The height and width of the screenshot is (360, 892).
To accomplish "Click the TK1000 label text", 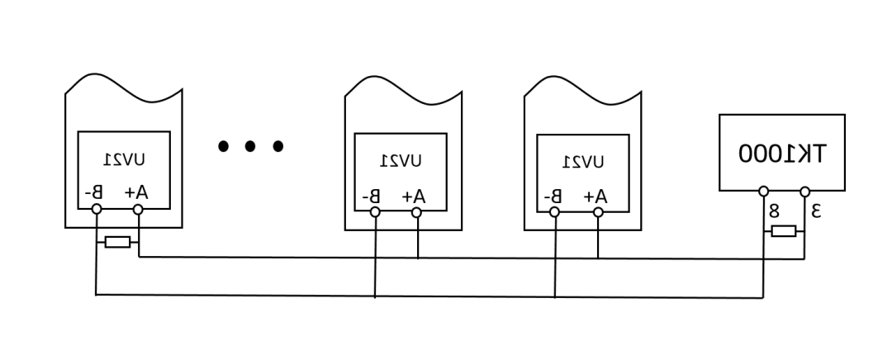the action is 781,153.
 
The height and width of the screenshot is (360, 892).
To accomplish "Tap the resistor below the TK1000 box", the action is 783,231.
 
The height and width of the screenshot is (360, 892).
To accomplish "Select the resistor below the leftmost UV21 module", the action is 118,242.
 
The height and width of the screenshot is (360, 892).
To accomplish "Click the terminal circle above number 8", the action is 763,191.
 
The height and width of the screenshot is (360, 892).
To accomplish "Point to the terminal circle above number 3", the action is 804,192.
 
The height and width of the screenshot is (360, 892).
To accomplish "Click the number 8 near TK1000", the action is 774,211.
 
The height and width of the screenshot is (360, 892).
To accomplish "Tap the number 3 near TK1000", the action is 816,211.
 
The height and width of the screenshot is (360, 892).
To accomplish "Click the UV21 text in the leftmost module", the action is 124,160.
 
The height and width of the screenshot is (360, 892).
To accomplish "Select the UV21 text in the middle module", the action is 401,162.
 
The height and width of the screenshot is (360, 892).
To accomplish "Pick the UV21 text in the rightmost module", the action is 583,163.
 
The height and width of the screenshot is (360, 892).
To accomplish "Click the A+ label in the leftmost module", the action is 136,192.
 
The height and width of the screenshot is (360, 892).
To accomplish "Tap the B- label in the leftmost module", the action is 93,192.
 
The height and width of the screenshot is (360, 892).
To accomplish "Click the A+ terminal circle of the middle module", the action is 416,212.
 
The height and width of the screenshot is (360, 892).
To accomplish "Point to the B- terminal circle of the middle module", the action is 375,212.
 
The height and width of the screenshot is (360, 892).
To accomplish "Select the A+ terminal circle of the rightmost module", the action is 598,212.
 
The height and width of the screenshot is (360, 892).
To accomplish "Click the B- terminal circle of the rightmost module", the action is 554,212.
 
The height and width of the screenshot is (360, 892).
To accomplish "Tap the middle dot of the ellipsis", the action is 249,146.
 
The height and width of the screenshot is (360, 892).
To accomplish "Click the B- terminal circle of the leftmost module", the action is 97,209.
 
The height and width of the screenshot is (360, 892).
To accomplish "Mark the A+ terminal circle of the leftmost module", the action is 138,209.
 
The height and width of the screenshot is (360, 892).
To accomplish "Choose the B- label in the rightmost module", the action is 553,197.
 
